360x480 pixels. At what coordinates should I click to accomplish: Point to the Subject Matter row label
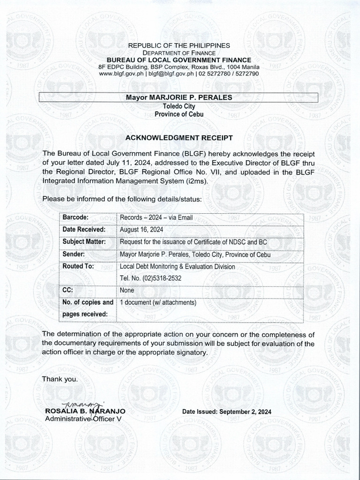point(84,242)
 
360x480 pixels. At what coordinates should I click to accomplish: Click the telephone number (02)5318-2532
point(150,278)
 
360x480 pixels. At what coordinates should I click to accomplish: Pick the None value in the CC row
point(127,290)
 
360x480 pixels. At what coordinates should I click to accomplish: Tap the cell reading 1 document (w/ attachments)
point(157,303)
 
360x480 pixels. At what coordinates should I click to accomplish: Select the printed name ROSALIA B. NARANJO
point(85,412)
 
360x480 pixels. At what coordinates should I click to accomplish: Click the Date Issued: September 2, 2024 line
point(227,412)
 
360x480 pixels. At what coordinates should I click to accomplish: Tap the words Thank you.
point(60,379)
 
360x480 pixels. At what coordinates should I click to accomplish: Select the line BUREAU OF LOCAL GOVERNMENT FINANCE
point(179,60)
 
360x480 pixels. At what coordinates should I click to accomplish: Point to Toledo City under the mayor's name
point(179,106)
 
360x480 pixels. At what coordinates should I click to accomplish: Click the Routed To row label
point(78,266)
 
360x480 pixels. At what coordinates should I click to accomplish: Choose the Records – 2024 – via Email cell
point(156,217)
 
